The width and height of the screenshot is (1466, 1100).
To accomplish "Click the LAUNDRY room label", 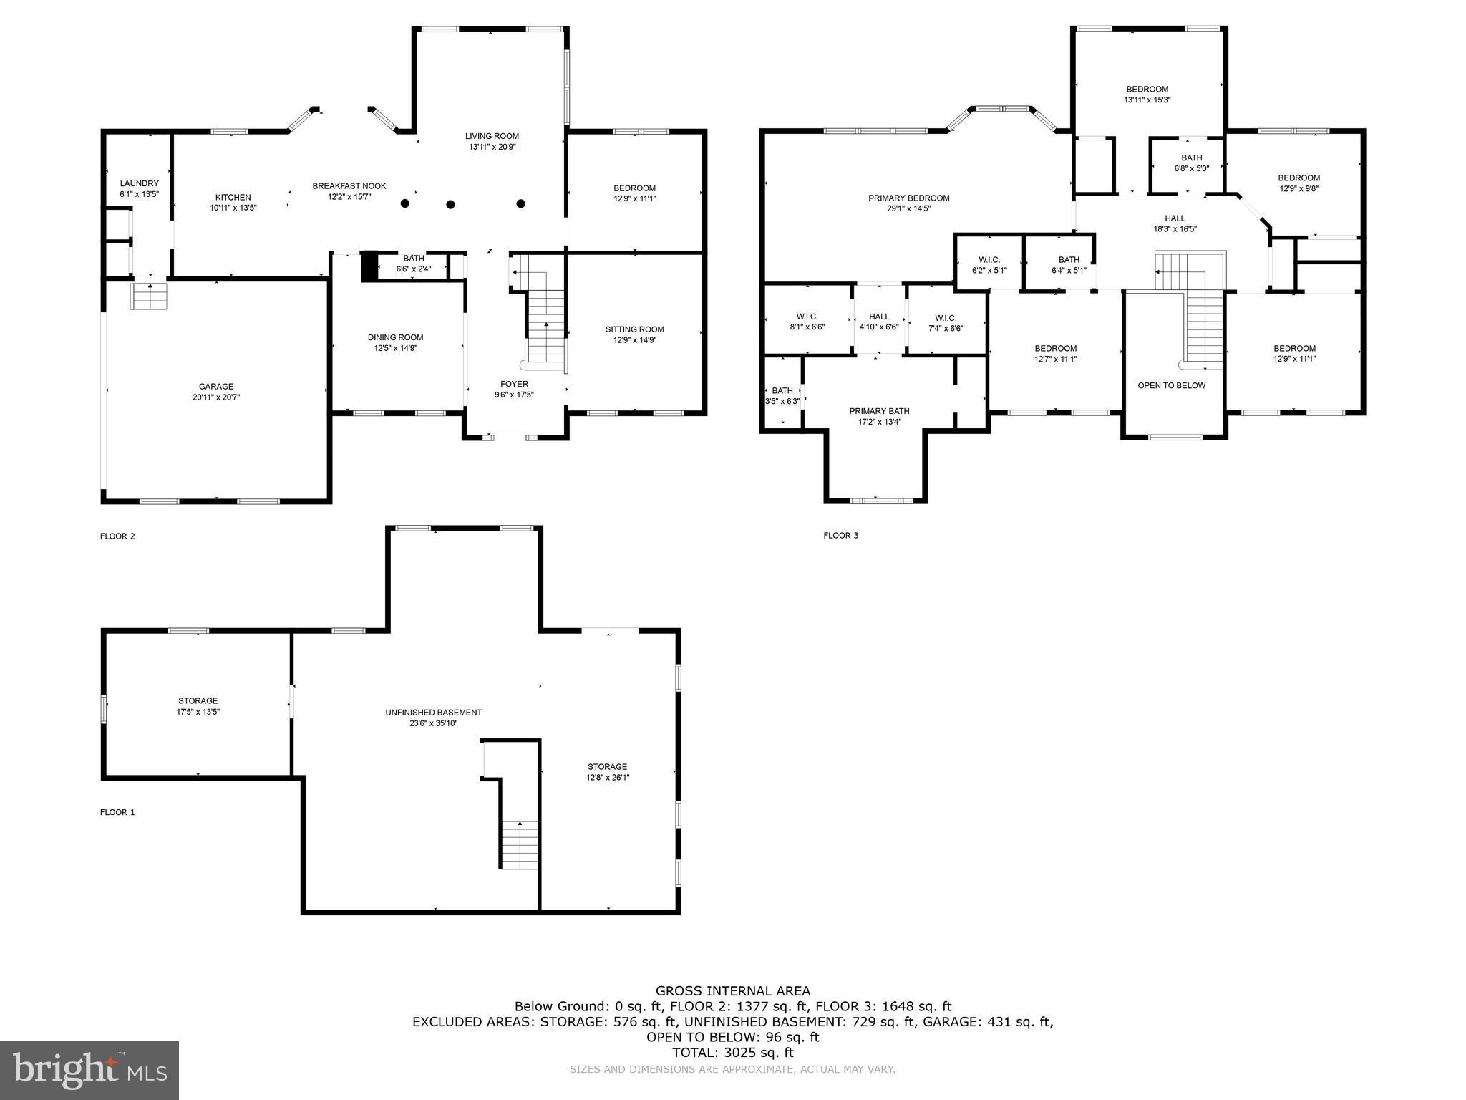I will [139, 183].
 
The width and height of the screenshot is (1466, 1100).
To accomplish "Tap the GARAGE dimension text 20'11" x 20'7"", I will [215, 397].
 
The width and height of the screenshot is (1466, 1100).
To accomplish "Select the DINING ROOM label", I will [395, 337].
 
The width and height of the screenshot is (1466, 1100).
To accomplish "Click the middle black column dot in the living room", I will [450, 204].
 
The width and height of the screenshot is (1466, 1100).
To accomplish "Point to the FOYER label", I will [514, 384].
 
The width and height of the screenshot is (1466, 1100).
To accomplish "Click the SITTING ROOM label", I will [634, 329].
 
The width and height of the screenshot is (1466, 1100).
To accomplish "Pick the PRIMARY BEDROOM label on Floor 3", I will [908, 198].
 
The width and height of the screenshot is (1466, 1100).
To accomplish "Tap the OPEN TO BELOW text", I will [1171, 385].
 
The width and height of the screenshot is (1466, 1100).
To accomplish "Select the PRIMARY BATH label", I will [879, 411].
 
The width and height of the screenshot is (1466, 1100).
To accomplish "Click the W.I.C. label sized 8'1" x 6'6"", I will [807, 317].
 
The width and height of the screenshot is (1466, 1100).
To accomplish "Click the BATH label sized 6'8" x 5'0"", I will [1191, 158].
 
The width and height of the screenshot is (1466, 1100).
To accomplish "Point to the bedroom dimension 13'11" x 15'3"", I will [1147, 100].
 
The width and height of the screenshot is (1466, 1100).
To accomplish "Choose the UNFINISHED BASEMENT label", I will [433, 713].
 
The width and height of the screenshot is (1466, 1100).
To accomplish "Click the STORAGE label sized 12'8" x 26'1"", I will [607, 766].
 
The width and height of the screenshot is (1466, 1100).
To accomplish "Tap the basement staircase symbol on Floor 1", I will [519, 845].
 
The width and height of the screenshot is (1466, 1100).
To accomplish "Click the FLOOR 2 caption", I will [117, 536].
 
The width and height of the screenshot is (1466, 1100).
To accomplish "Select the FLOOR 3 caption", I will [840, 536].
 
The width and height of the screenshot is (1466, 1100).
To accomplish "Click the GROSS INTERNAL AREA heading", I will [733, 991].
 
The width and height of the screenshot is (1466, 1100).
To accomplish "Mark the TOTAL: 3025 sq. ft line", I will [733, 1053].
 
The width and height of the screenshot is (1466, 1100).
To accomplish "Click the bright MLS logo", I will [89, 1070].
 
